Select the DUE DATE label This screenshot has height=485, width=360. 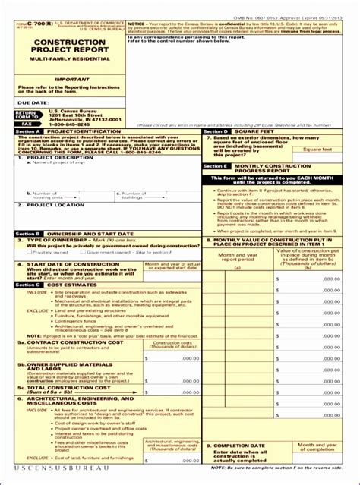pyautogui.click(x=33, y=100)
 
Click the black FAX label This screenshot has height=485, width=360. pyautogui.click(x=27, y=122)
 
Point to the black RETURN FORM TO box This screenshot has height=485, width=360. pyautogui.click(x=27, y=114)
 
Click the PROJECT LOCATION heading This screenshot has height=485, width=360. pyautogui.click(x=57, y=205)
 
